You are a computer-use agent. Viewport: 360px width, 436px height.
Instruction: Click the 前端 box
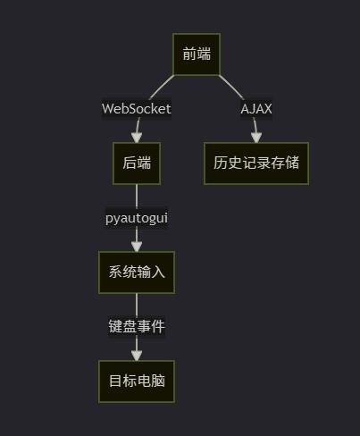point(197,54)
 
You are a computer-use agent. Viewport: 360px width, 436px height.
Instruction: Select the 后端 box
point(137,163)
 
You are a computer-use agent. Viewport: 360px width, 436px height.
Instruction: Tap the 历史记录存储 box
point(256,163)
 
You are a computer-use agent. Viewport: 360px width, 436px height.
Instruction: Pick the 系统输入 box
point(137,272)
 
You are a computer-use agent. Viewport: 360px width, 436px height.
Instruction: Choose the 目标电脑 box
point(137,381)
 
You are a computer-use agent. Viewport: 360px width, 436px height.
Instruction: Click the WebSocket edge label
point(137,109)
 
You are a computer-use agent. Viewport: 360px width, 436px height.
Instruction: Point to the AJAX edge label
point(256,109)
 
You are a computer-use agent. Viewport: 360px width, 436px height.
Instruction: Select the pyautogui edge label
point(137,218)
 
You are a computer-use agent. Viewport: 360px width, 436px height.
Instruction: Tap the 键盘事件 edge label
point(137,326)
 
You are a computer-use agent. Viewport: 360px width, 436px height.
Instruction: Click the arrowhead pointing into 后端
point(137,138)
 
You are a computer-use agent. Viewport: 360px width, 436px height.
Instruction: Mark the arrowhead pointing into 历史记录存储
point(256,138)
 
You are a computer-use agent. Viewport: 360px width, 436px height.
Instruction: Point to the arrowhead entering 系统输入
point(137,247)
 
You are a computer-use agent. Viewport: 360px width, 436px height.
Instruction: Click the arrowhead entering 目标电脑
point(137,356)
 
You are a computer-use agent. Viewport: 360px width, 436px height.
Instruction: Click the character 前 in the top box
point(189,54)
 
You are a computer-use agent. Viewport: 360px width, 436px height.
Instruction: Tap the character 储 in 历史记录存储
point(292,163)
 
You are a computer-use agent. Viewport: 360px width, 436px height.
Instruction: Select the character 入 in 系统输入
point(158,272)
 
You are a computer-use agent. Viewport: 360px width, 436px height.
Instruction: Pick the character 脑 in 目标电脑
point(158,381)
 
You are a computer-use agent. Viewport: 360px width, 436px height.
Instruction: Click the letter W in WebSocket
point(108,109)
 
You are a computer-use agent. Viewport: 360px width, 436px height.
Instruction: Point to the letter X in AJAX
point(268,109)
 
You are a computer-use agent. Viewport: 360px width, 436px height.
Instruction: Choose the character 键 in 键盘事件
point(115,326)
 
